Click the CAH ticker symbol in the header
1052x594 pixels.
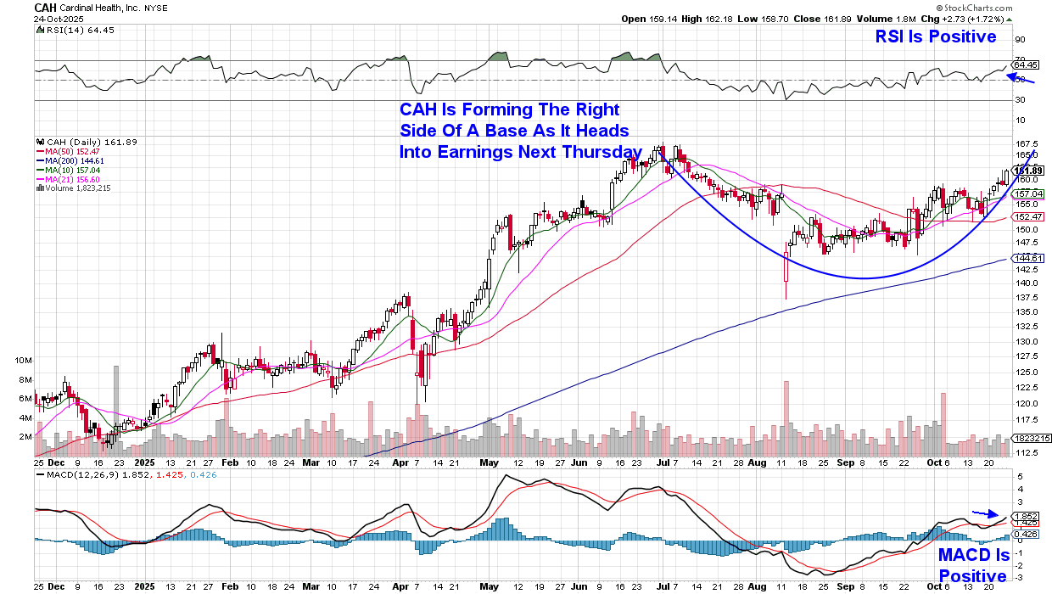pyautogui.click(x=46, y=7)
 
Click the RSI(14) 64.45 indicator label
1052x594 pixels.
pyautogui.click(x=78, y=31)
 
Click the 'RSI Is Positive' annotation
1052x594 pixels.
pyautogui.click(x=935, y=36)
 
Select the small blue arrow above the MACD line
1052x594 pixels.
pyautogui.click(x=985, y=513)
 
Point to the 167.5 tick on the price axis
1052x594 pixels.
pyautogui.click(x=1027, y=143)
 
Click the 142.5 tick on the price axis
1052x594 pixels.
pyautogui.click(x=1027, y=267)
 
